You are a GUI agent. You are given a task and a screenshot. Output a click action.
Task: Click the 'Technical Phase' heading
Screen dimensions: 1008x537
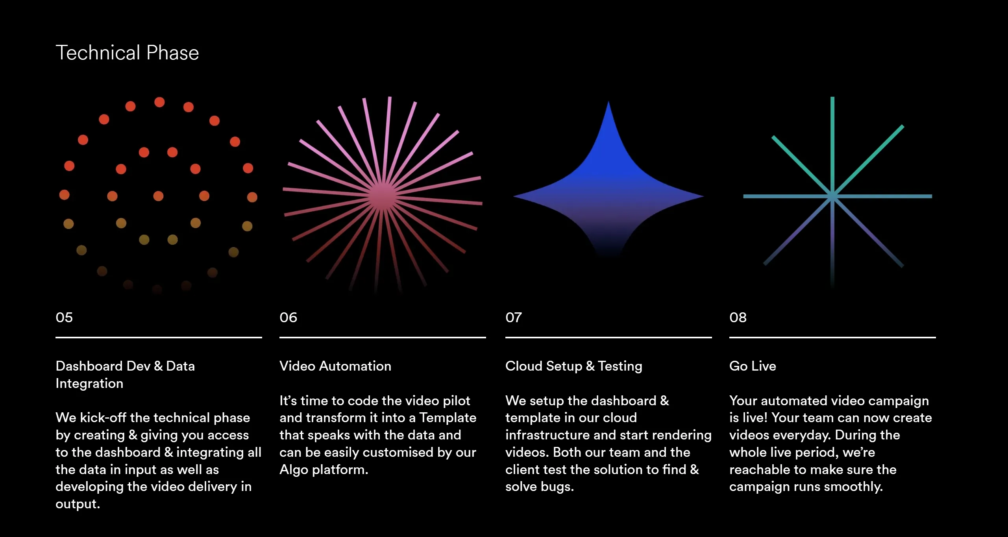point(127,53)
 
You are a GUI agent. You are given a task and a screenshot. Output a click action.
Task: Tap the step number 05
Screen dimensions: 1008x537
point(64,317)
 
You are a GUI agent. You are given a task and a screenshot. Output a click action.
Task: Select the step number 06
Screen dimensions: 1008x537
point(288,317)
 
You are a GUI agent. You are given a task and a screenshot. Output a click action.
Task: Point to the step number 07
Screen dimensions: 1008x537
point(514,317)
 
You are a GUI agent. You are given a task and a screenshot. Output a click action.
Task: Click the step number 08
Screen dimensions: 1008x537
point(738,317)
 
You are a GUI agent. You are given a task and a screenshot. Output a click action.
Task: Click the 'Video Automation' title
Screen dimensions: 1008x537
point(335,366)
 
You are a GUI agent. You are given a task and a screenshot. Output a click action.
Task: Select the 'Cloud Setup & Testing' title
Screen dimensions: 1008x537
point(574,366)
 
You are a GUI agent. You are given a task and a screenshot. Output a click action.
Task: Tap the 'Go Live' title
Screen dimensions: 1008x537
point(753,366)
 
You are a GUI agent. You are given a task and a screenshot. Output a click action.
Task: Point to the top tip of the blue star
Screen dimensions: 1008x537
point(608,101)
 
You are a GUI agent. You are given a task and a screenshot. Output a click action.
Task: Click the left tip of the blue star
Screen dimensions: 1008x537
point(514,196)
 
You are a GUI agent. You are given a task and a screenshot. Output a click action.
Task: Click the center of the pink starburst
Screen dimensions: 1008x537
point(382,194)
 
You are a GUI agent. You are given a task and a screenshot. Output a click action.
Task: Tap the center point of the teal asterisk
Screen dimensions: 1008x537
point(832,196)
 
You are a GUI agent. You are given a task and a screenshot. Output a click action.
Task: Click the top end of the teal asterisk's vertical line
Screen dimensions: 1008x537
point(832,98)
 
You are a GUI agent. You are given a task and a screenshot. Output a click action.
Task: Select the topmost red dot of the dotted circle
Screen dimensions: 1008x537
point(159,102)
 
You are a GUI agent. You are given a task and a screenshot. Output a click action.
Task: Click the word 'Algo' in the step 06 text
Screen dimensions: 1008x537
point(294,470)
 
